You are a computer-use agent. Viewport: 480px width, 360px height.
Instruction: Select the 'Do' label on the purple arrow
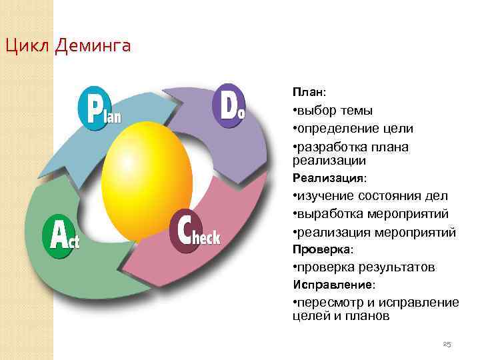pos(229,107)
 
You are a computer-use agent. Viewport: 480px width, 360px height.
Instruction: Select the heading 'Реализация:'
pos(329,179)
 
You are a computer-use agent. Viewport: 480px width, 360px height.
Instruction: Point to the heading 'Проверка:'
pos(323,249)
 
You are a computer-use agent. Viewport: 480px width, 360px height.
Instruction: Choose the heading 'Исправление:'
pos(334,285)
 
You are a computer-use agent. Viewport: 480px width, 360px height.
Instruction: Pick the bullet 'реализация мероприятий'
pos(374,232)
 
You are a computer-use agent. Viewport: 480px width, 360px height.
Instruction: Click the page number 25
pos(447,344)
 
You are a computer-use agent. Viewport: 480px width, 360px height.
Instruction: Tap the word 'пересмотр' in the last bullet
pos(327,303)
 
